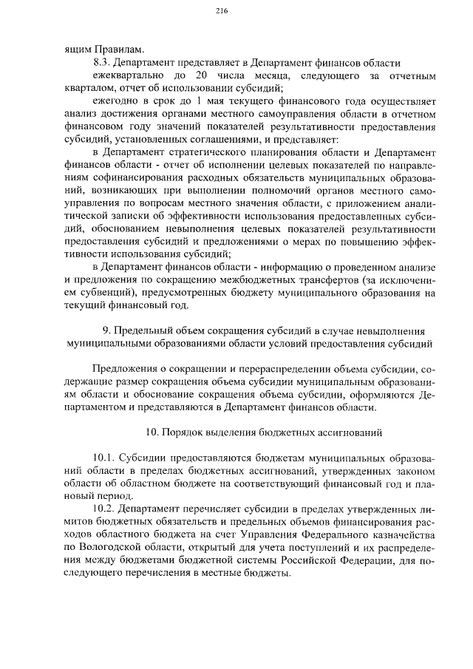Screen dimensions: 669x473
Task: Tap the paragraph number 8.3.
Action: click(103, 62)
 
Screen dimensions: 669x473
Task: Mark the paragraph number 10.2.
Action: click(105, 509)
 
